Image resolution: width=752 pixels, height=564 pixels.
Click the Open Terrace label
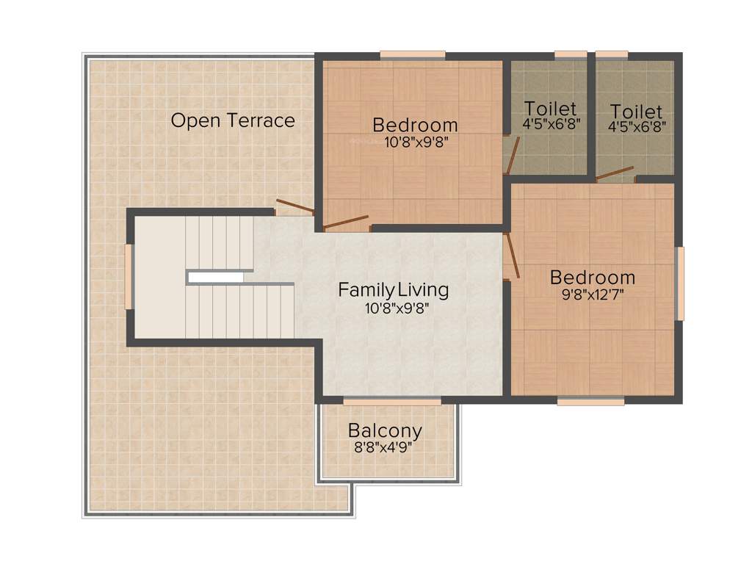pyautogui.click(x=233, y=120)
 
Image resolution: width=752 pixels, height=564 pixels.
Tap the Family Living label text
pyautogui.click(x=393, y=290)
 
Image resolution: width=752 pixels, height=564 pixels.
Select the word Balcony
pyautogui.click(x=385, y=430)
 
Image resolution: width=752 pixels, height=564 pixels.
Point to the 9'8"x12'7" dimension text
pyautogui.click(x=592, y=294)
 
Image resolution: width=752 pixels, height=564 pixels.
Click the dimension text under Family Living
pyautogui.click(x=397, y=308)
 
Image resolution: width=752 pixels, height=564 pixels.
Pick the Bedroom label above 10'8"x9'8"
pyautogui.click(x=415, y=125)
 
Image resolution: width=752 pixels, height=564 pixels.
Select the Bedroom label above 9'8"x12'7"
pyautogui.click(x=592, y=278)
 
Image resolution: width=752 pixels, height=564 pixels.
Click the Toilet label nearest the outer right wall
pyautogui.click(x=636, y=112)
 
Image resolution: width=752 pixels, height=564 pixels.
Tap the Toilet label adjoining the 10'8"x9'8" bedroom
pyautogui.click(x=550, y=109)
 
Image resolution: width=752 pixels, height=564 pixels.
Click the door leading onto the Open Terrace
pyautogui.click(x=294, y=206)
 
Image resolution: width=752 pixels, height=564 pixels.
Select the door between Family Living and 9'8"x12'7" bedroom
pyautogui.click(x=512, y=256)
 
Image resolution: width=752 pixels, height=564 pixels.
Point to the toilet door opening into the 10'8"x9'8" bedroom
pyautogui.click(x=512, y=155)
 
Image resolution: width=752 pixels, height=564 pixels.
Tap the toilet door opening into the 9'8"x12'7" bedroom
pyautogui.click(x=615, y=173)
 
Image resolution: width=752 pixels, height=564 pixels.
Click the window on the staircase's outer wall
pyautogui.click(x=129, y=276)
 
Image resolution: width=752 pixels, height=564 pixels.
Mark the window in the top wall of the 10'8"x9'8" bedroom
pyautogui.click(x=412, y=54)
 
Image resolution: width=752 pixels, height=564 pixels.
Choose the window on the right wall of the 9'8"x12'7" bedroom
pyautogui.click(x=680, y=283)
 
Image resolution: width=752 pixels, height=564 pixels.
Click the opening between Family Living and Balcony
pyautogui.click(x=392, y=401)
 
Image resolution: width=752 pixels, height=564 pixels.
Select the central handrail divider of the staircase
pyautogui.click(x=217, y=277)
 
